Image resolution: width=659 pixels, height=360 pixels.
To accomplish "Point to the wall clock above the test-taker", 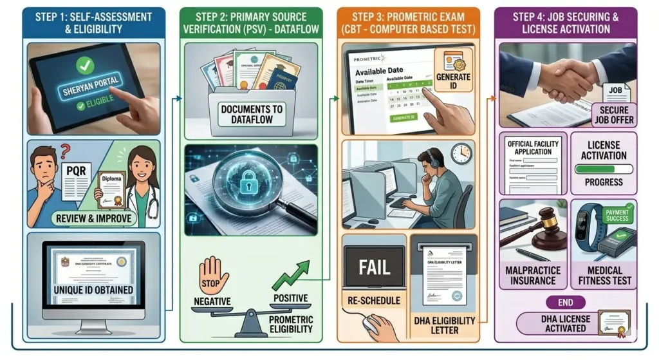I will pyautogui.click(x=461, y=153).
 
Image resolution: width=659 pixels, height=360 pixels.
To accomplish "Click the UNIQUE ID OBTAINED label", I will pyautogui.click(x=94, y=290).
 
